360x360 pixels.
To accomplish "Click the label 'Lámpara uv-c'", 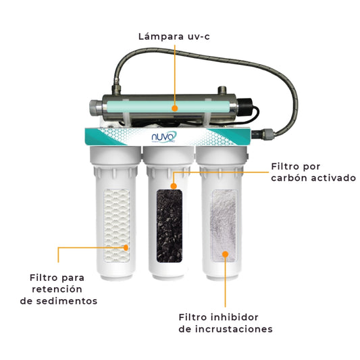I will (x=175, y=36).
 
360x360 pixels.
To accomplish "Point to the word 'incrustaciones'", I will (x=236, y=330).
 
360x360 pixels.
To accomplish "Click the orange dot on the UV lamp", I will (x=174, y=107).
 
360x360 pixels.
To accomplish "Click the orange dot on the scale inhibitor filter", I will (x=226, y=255).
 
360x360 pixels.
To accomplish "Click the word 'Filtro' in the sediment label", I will (x=45, y=278).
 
